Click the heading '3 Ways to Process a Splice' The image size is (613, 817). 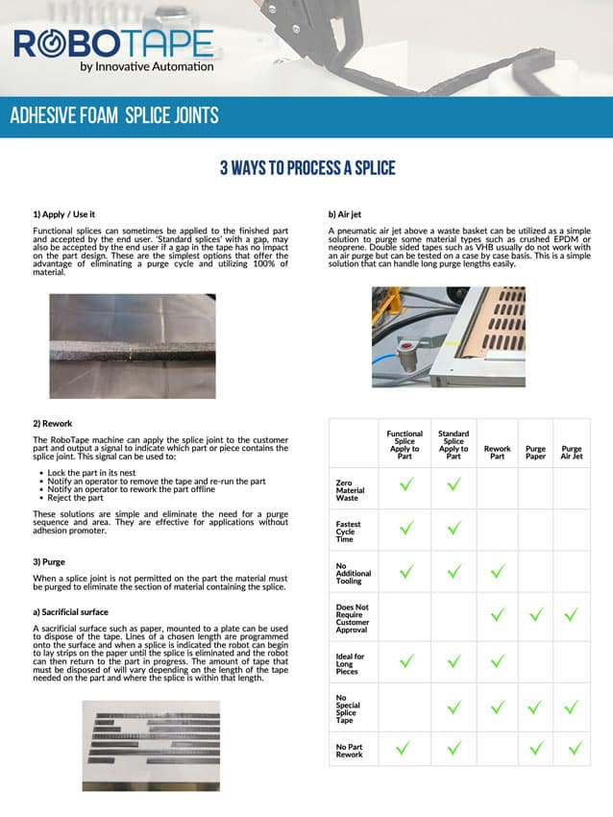point(307,168)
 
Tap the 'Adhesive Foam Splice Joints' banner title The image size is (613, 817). point(114,116)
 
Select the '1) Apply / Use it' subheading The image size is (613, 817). point(64,213)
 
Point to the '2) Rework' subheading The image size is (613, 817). point(53,422)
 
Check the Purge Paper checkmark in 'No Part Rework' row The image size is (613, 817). point(536,748)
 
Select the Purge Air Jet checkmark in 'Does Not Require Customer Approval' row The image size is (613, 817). point(572,614)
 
